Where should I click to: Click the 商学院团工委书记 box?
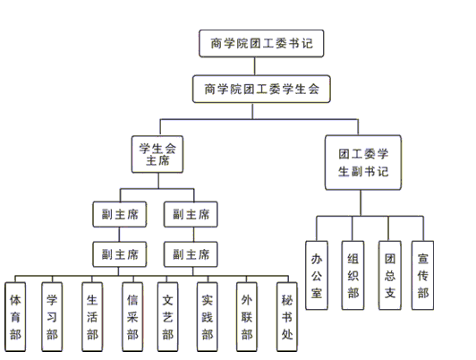click(x=261, y=44)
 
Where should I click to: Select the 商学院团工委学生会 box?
click(x=261, y=89)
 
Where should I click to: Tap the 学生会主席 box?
click(x=157, y=154)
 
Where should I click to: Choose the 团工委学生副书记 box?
click(x=363, y=162)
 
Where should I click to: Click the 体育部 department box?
click(x=15, y=317)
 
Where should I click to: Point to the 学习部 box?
click(x=52, y=317)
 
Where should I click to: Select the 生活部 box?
click(x=92, y=317)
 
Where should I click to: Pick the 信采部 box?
click(x=132, y=317)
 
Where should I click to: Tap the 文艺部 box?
click(x=167, y=317)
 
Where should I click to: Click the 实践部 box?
click(x=207, y=317)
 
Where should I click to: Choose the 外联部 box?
click(x=247, y=317)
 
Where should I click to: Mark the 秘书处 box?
click(x=287, y=317)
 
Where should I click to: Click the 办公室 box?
click(x=317, y=276)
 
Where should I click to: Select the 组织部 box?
click(x=353, y=276)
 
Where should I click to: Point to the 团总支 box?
click(x=390, y=276)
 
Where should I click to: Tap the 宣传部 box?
click(x=422, y=276)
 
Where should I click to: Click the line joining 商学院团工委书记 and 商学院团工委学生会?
click(x=254, y=66)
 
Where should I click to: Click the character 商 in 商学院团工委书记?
click(x=216, y=44)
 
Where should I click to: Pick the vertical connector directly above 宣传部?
click(x=423, y=228)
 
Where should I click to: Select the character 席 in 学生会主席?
click(x=164, y=160)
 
